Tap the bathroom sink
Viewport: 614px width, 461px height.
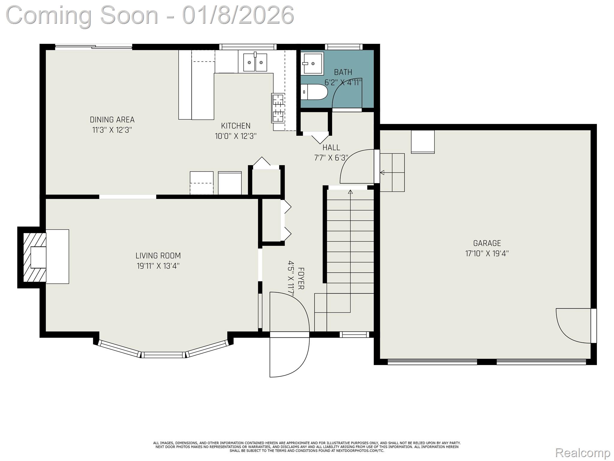click(x=312, y=63)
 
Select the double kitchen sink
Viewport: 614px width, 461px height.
click(x=255, y=62)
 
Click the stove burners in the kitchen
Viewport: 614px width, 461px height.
click(x=278, y=108)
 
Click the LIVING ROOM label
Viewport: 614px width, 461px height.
click(x=158, y=256)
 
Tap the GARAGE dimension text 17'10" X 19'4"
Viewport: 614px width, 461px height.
click(x=487, y=254)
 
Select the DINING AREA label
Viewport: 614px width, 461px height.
click(x=112, y=120)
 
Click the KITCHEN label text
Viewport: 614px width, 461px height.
click(x=236, y=126)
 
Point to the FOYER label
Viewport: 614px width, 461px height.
click(x=301, y=279)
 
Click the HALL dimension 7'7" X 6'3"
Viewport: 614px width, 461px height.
click(x=331, y=158)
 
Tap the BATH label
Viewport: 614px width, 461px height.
click(x=343, y=72)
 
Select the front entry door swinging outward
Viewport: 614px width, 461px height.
click(x=289, y=357)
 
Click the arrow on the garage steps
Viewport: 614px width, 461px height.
click(x=382, y=173)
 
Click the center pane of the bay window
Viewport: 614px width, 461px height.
click(x=163, y=355)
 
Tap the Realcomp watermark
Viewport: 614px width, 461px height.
click(x=583, y=452)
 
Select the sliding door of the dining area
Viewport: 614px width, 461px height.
click(x=94, y=47)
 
